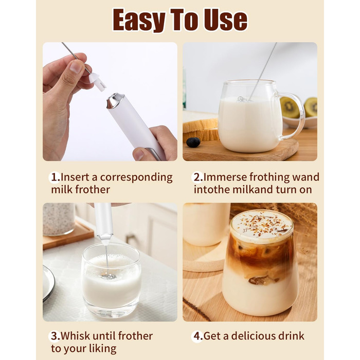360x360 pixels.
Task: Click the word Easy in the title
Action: click(139, 20)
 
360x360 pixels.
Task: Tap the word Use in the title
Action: click(226, 20)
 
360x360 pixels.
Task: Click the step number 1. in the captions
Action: click(56, 177)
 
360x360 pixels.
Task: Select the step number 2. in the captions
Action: click(199, 177)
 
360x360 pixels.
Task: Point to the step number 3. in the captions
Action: click(56, 336)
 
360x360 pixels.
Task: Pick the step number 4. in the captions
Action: click(199, 336)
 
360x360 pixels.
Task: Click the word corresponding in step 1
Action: click(136, 178)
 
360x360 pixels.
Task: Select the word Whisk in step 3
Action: click(76, 336)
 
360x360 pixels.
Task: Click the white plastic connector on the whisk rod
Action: click(97, 82)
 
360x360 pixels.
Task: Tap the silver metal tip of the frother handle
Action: click(114, 100)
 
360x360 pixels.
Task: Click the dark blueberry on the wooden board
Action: click(193, 142)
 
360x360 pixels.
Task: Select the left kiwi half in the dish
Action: click(290, 107)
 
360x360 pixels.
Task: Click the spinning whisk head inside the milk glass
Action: click(109, 276)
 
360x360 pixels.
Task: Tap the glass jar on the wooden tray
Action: click(59, 219)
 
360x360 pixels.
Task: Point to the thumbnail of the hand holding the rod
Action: click(76, 67)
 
